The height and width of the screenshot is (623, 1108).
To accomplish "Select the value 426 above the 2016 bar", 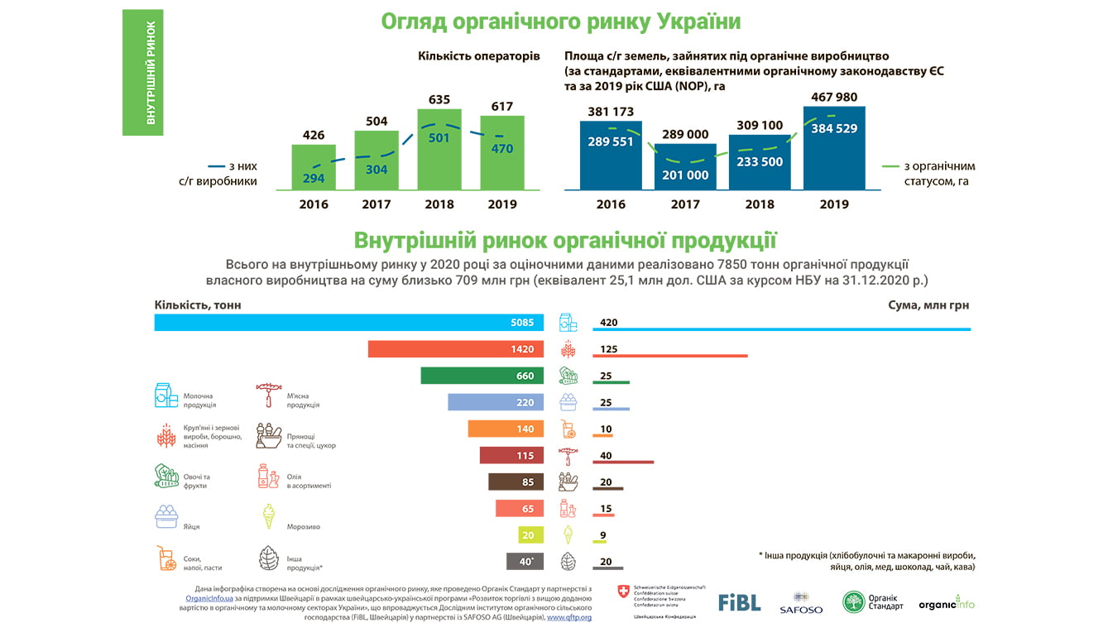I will (314, 135).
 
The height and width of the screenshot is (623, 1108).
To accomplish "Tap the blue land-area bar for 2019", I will (833, 157).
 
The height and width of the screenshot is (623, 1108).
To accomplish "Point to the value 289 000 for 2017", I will (685, 134).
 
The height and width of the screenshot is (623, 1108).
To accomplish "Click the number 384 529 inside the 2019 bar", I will (833, 128).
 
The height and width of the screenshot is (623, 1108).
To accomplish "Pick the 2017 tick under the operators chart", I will (377, 204).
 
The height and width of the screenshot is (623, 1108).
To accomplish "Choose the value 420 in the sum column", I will (609, 323).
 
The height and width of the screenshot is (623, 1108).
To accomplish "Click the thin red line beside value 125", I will (670, 357).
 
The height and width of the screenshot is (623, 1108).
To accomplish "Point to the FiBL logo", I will (739, 602).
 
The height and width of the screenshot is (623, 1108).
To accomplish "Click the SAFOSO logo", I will (800, 603).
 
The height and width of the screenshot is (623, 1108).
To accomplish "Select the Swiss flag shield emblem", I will (623, 591).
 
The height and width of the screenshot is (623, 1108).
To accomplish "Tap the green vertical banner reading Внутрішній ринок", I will (142, 72).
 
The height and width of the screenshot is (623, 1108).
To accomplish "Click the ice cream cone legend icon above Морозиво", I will (268, 515).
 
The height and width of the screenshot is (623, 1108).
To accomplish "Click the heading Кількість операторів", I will (478, 56).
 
